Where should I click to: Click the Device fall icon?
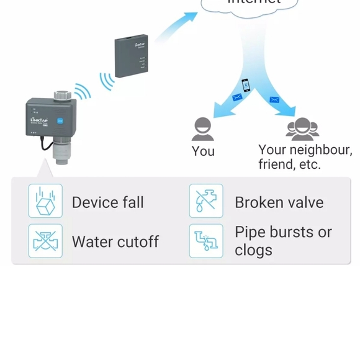45,201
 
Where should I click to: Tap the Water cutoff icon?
45,241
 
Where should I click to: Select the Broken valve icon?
206,201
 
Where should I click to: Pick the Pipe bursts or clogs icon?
206,241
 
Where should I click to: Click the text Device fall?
107,202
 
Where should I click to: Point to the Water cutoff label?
115,241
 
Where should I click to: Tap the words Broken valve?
279,202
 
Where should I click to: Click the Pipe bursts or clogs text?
283,241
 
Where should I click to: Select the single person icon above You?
203,129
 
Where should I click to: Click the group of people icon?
302,128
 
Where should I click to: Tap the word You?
203,151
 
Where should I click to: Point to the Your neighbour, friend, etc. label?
305,157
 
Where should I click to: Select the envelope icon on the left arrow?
236,97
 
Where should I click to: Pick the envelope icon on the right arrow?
274,99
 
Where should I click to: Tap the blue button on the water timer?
60,122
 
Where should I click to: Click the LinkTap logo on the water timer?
38,120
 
